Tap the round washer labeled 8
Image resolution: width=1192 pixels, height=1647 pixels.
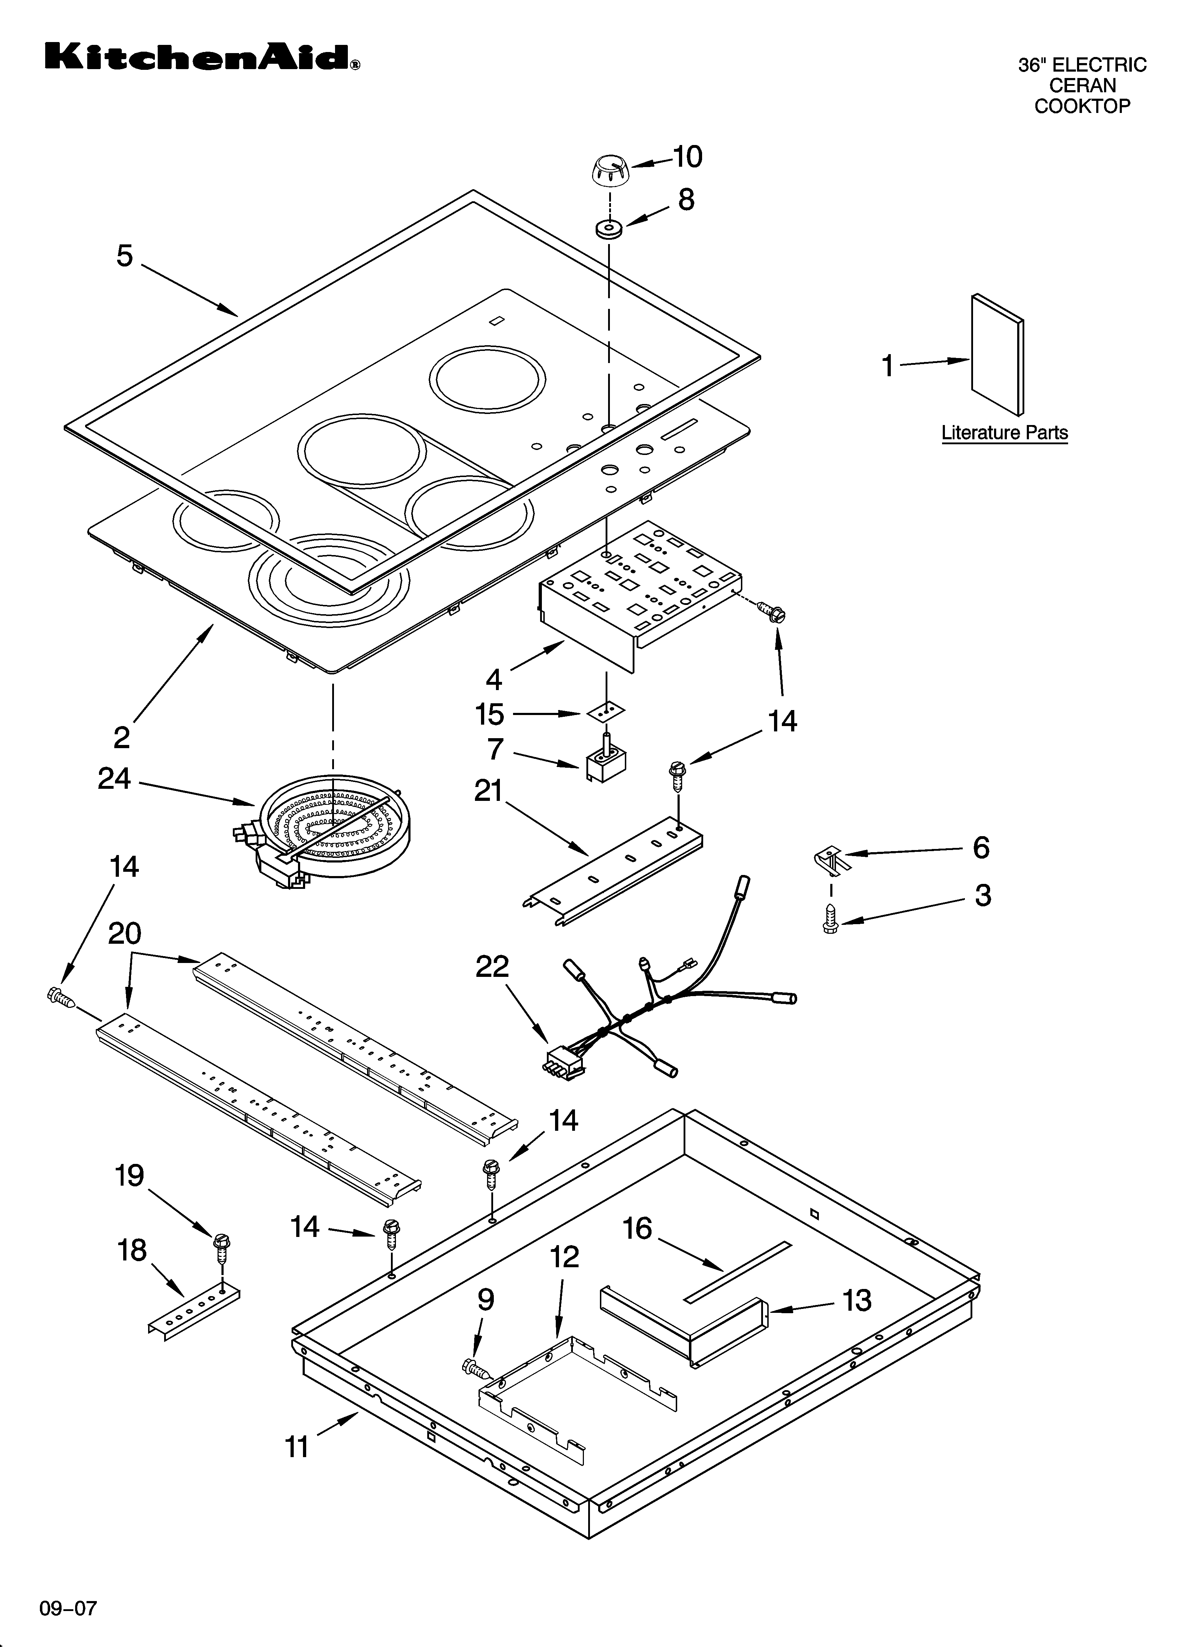coord(608,229)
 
